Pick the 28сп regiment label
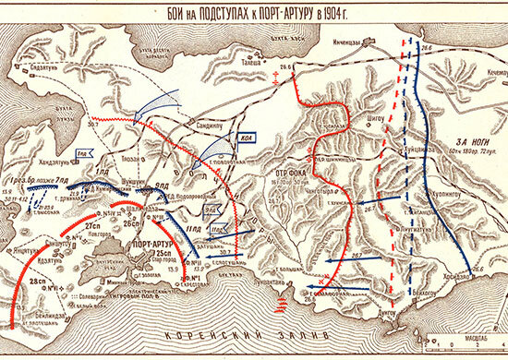pos(38,278)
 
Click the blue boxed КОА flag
pos(245,139)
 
